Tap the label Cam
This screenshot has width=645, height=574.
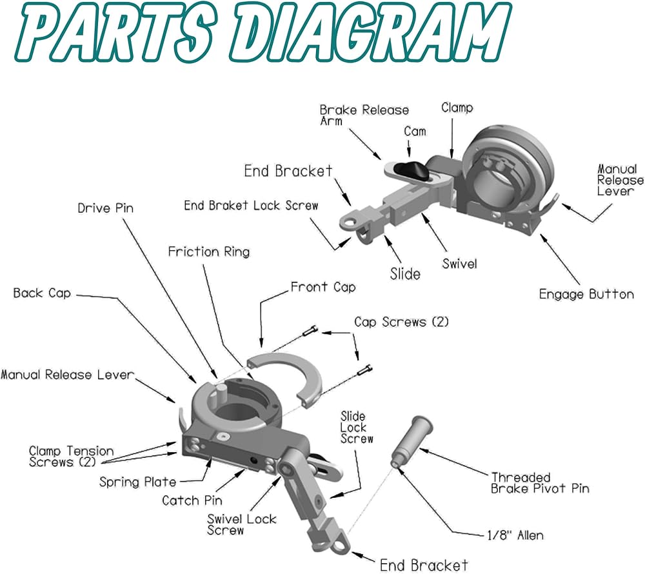415,131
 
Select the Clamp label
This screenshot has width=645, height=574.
457,108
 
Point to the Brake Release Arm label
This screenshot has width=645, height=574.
364,115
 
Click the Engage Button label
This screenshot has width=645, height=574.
586,294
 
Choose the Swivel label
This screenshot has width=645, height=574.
459,264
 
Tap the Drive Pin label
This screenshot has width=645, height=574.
107,208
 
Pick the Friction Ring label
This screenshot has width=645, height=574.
208,251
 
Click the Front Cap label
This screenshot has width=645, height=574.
322,286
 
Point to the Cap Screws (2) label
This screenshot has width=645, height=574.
401,321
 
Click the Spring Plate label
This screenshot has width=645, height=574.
137,481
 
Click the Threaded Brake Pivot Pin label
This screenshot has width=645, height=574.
540,482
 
